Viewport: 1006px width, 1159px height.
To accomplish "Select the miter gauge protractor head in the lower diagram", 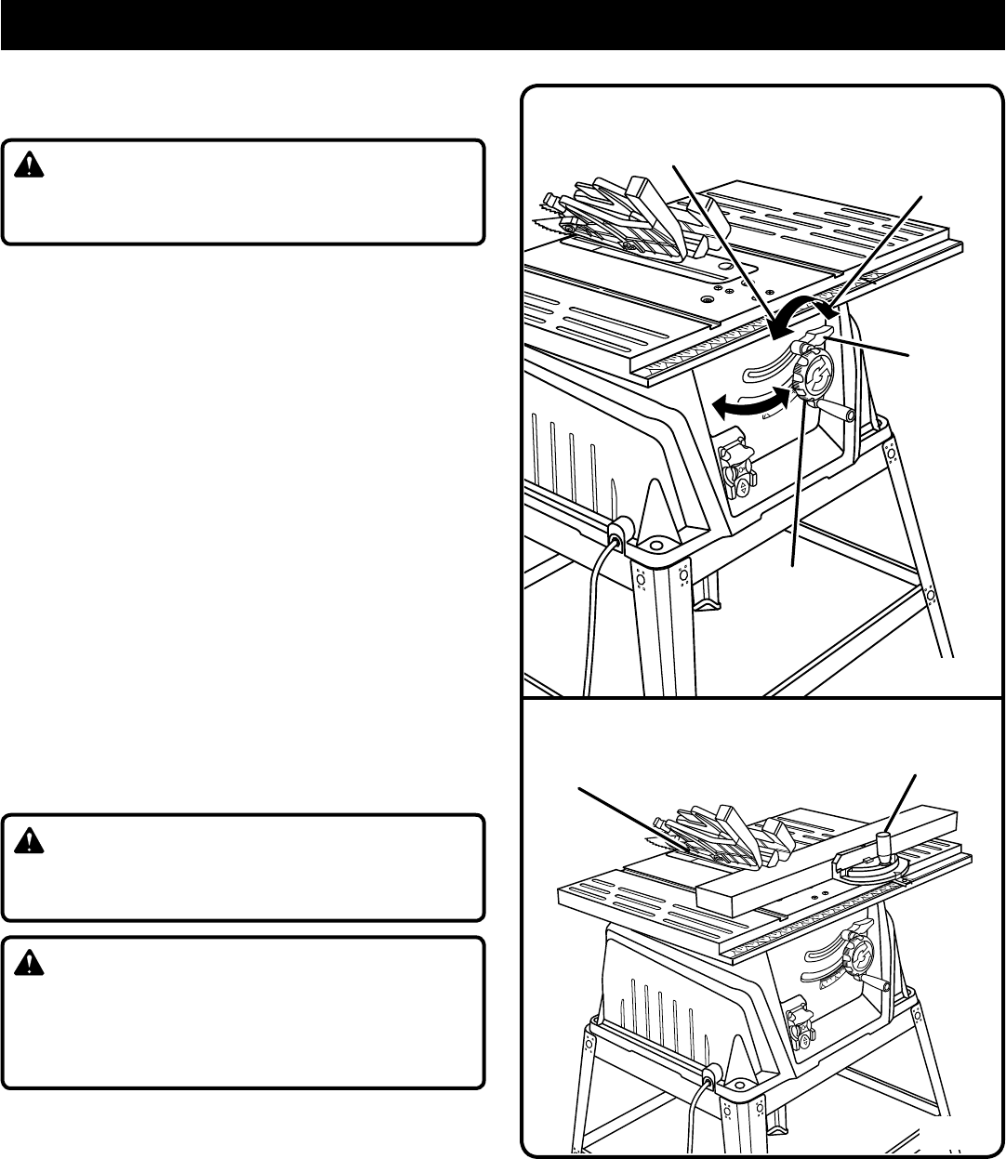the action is [874, 867].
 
